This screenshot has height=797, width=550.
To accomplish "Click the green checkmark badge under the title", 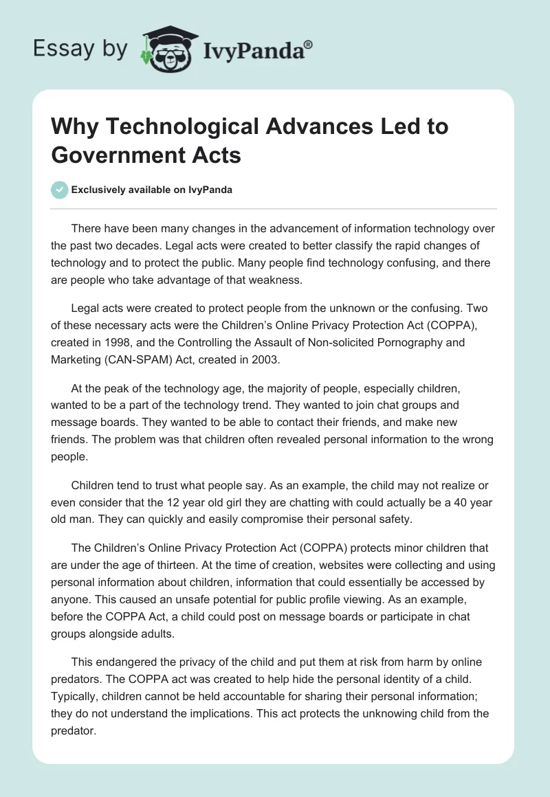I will pos(60,190).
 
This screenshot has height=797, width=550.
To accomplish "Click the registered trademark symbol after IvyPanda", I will pos(309,44).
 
